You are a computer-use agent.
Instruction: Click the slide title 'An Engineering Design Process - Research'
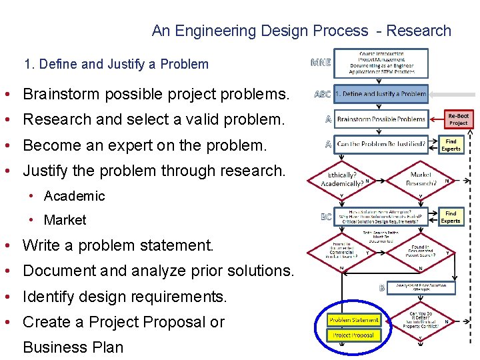(301, 31)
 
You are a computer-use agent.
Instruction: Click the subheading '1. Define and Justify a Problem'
(116, 65)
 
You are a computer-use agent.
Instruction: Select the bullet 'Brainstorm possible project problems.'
(156, 95)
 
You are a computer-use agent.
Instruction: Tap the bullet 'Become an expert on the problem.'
(144, 145)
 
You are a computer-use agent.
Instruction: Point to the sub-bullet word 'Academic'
(74, 196)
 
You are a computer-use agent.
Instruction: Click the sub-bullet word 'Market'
(65, 220)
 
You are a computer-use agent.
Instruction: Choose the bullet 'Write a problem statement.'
(118, 245)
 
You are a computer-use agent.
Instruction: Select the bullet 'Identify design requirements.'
(125, 296)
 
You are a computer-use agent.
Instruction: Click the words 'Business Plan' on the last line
(73, 347)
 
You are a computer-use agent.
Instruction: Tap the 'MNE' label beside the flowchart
(321, 63)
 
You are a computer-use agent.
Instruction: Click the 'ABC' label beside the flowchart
(322, 94)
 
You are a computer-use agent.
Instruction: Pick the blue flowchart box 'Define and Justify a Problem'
(381, 94)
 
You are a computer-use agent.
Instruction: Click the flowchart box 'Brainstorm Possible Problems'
(381, 119)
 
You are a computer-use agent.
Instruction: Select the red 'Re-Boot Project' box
(458, 119)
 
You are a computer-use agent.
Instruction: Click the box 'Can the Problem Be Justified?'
(381, 144)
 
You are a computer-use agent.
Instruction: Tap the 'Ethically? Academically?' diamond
(341, 179)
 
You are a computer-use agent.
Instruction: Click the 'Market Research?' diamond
(420, 179)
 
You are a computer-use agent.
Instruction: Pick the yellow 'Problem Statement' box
(353, 320)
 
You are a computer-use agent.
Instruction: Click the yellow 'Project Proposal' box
(353, 335)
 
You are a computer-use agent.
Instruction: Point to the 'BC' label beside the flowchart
(326, 217)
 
